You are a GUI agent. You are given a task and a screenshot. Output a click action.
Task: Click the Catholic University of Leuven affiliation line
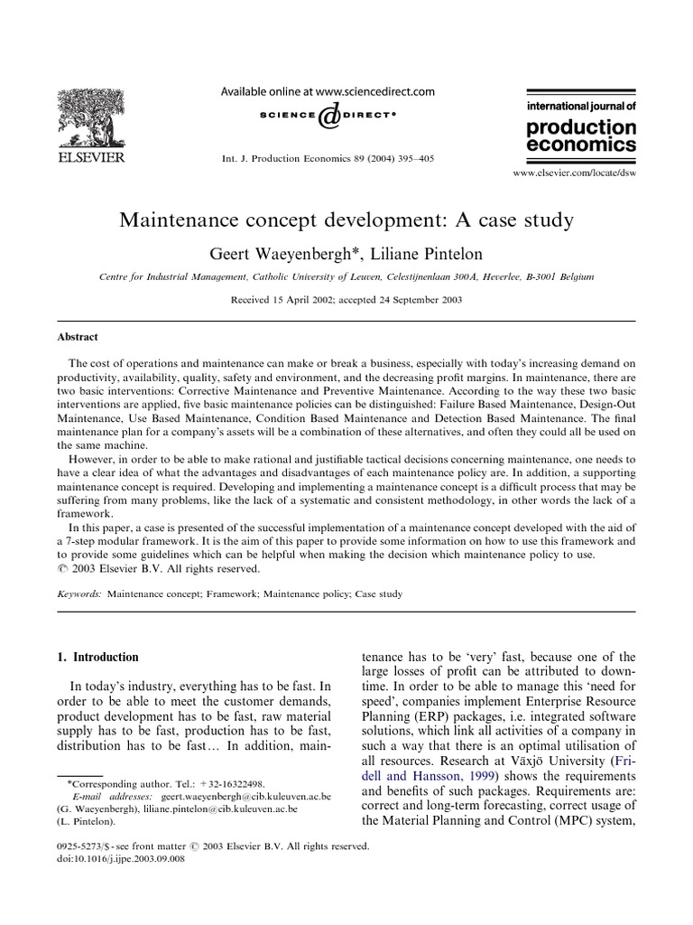tap(346, 278)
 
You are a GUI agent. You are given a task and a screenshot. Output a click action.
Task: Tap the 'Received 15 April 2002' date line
tap(346, 301)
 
